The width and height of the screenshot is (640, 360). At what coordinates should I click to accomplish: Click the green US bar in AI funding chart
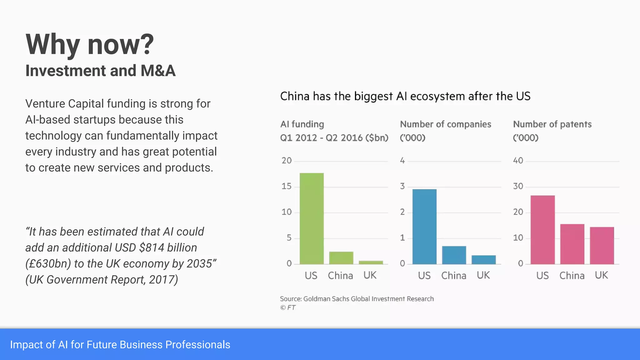[312, 219]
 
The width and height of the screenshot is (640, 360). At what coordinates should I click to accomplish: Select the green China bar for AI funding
[341, 258]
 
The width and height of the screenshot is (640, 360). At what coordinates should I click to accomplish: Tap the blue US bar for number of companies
[424, 227]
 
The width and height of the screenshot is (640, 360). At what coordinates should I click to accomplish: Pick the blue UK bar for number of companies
[483, 260]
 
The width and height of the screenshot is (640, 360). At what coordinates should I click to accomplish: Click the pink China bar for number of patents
[572, 244]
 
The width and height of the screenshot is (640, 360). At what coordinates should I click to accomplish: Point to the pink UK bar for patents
[602, 246]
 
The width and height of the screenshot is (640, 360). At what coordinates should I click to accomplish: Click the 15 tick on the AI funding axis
[286, 187]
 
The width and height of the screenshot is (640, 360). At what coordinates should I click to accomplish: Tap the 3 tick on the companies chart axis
[402, 187]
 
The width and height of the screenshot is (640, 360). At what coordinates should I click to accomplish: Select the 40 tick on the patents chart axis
[518, 161]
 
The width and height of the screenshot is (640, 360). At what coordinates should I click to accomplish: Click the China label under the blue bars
[454, 276]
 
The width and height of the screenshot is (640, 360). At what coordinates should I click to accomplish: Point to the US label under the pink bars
[542, 276]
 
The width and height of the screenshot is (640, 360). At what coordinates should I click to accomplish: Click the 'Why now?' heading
[90, 44]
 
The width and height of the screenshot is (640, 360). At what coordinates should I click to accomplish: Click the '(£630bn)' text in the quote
[48, 264]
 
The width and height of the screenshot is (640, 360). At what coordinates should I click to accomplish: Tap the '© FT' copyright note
[287, 307]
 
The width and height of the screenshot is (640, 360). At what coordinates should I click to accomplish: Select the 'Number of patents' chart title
[552, 124]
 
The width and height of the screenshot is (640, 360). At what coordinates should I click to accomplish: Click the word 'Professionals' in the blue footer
[198, 345]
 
